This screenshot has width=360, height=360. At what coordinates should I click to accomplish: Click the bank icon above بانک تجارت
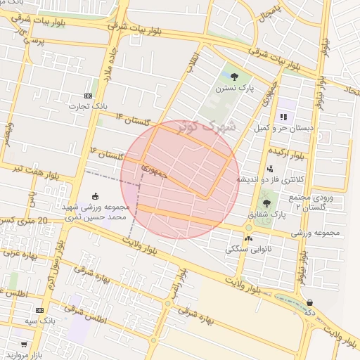pos(88,96)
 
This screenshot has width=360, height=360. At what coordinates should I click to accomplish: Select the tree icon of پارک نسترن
pos(234,77)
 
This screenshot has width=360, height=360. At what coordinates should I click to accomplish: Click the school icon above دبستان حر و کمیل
pos(284,117)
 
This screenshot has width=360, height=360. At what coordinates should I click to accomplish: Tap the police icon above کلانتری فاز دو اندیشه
pos(270,169)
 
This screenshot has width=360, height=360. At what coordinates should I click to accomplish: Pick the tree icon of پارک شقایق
pos(265,203)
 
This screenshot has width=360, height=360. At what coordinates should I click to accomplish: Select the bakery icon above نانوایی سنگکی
pos(248,238)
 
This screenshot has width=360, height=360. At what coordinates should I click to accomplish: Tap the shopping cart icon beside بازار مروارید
pos(24,345)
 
